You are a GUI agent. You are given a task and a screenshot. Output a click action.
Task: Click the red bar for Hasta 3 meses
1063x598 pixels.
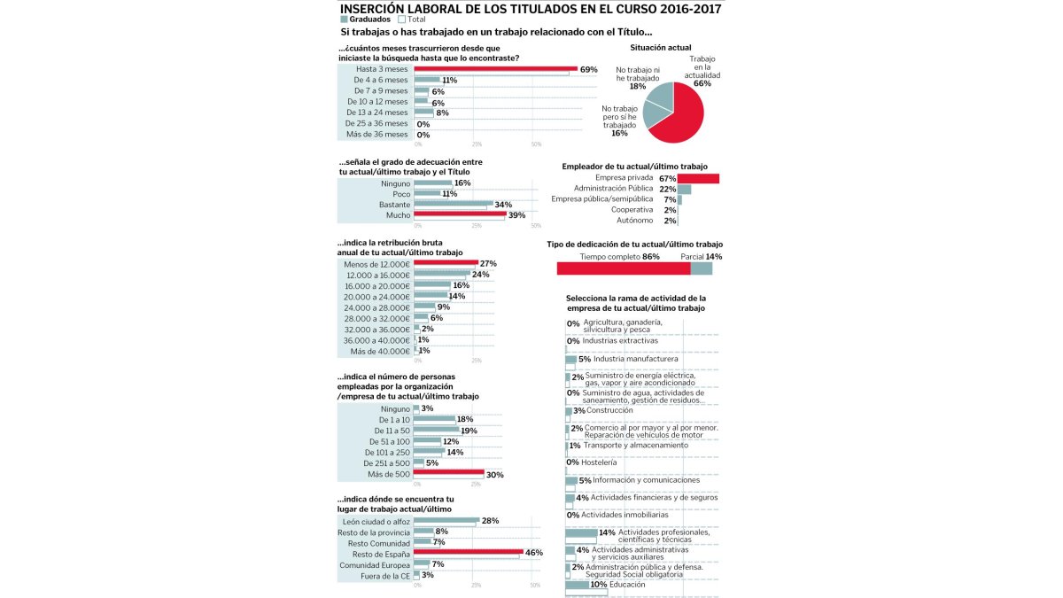495,68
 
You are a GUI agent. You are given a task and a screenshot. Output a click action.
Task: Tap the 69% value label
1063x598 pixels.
589,69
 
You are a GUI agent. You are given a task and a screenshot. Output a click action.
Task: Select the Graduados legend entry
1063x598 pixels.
369,19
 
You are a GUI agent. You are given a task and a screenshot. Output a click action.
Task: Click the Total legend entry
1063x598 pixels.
413,19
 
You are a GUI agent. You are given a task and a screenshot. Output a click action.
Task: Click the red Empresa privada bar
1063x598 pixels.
698,178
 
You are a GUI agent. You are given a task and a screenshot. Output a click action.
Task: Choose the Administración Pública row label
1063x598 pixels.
612,189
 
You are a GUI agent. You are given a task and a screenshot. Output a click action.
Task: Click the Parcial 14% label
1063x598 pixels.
701,257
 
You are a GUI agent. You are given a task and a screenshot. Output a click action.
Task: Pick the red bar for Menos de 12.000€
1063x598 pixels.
446,263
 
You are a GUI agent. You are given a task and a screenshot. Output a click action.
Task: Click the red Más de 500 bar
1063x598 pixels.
448,473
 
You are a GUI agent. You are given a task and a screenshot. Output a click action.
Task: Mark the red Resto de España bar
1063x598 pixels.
467,552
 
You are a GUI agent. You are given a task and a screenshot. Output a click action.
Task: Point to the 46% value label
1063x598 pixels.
534,553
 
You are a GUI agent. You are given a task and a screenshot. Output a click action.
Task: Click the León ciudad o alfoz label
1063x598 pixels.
376,521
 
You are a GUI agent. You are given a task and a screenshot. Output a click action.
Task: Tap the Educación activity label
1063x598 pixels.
627,584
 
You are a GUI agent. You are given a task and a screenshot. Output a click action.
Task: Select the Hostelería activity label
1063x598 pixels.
600,462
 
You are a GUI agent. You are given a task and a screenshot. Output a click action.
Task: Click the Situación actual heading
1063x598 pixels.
661,47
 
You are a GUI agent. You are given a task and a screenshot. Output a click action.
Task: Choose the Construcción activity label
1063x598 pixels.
609,410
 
